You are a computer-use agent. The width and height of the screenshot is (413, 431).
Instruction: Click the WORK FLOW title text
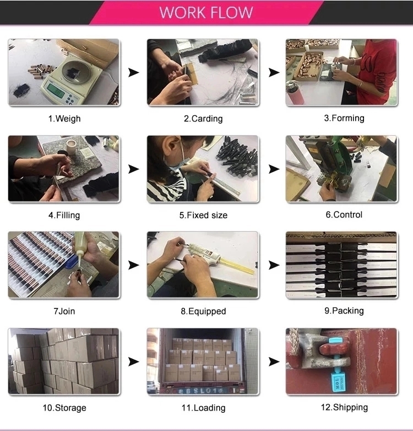[x=206, y=12]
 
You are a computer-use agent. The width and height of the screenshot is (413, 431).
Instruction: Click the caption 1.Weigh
[x=64, y=118]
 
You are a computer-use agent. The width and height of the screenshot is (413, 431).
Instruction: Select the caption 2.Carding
[x=203, y=118]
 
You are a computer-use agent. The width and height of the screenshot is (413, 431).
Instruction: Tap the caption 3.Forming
[x=344, y=118]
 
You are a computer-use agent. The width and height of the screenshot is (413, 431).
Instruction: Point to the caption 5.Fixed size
[x=203, y=215]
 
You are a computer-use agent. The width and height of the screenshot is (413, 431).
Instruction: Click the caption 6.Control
[x=344, y=214]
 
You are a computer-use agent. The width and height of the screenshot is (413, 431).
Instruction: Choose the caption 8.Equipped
[x=203, y=311]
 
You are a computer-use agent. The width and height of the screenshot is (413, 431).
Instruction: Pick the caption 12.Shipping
[x=344, y=407]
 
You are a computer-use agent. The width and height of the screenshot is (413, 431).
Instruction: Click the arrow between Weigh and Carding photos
[x=133, y=72]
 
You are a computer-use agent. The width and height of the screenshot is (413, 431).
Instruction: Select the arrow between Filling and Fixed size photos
[x=133, y=169]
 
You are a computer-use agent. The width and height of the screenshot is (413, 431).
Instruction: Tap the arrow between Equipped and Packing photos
[x=273, y=265]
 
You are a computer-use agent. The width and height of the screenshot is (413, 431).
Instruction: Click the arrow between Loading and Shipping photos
[x=273, y=362]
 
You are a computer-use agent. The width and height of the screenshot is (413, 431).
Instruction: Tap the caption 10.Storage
[x=64, y=408]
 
